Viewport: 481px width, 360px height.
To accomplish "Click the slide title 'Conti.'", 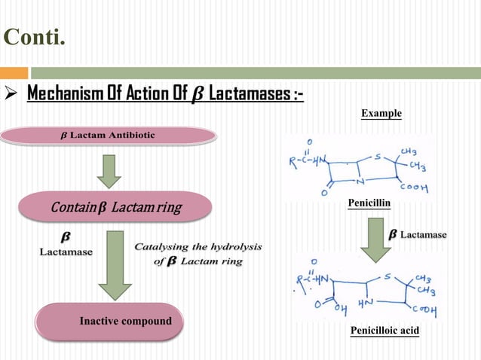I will tap(35, 36).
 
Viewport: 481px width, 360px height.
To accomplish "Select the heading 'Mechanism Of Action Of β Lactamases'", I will tap(165, 96).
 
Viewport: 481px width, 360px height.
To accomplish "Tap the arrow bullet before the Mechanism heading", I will tap(12, 96).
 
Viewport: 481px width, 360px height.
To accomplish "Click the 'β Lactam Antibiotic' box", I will tap(108, 136).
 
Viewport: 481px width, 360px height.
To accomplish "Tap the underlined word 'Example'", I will tap(381, 114).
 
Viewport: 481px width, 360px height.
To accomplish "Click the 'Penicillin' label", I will tap(369, 204).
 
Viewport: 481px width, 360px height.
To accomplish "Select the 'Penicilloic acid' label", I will tap(384, 331).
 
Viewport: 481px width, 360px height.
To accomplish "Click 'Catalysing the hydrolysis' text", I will tap(197, 247).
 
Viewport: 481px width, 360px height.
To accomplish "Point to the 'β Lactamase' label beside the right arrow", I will tap(418, 235).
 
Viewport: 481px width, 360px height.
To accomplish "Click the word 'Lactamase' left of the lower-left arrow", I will tap(66, 252).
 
